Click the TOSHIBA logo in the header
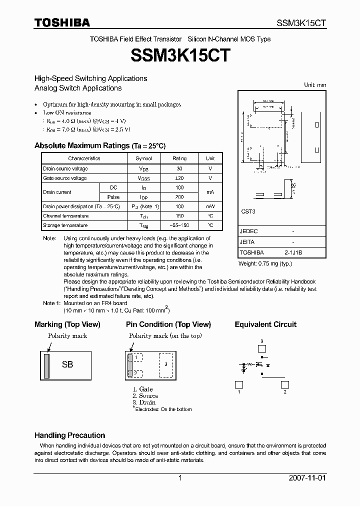61,22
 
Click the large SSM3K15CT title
180,55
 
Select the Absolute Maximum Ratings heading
99,145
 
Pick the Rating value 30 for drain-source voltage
179,168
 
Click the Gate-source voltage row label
65,178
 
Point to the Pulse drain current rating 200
179,197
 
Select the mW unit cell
210,206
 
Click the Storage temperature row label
65,225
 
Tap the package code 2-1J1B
293,253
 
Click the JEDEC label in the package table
248,232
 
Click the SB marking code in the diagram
67,365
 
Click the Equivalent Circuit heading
265,324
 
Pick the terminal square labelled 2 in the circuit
284,384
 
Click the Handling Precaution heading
69,435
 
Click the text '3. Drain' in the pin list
144,402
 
